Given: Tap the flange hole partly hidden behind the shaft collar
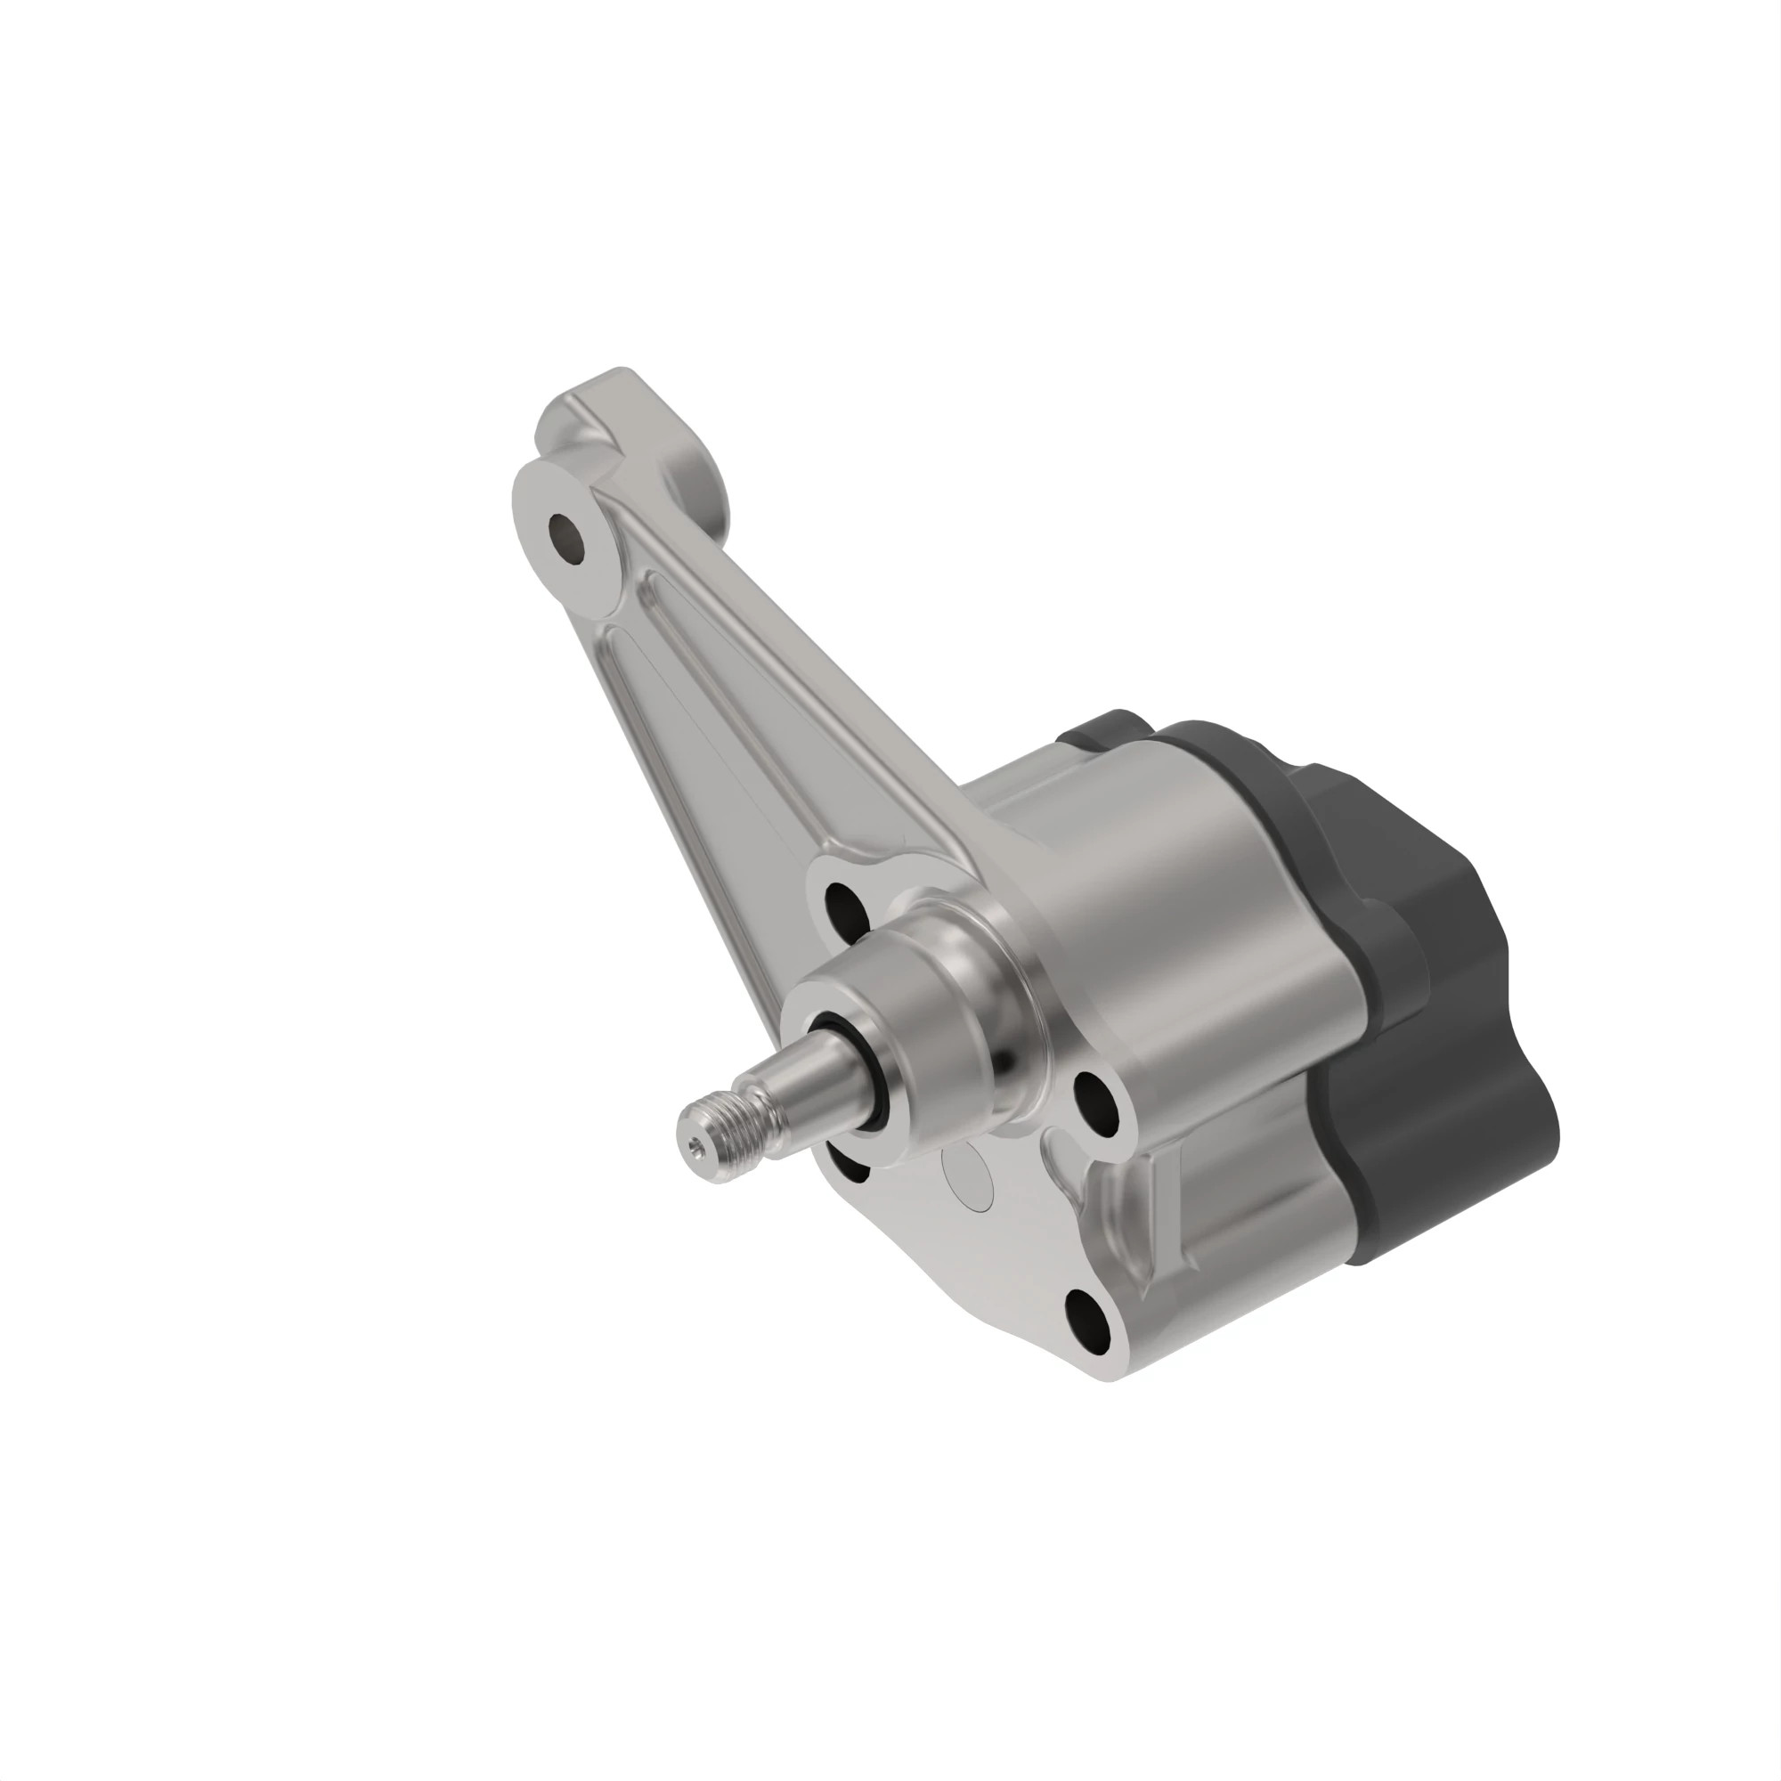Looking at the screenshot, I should (x=846, y=1163).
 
